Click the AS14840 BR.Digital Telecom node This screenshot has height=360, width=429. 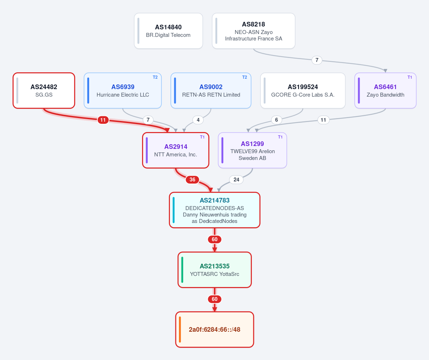click(x=168, y=31)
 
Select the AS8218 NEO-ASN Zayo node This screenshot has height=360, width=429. click(x=254, y=31)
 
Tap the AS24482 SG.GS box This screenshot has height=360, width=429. click(x=44, y=91)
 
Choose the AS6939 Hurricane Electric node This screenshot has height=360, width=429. click(x=123, y=91)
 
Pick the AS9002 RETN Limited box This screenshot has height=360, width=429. click(x=211, y=91)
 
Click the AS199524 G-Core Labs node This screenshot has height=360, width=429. click(x=303, y=91)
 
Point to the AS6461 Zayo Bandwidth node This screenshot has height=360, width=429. click(x=385, y=91)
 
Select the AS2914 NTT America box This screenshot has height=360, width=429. click(x=176, y=150)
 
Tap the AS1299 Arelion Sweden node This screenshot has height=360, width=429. click(x=252, y=150)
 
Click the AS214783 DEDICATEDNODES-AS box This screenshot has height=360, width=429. click(x=215, y=210)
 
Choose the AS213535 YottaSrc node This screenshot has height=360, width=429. click(x=215, y=270)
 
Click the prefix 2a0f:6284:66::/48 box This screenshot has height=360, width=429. click(x=215, y=330)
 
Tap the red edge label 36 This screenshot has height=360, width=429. click(x=192, y=180)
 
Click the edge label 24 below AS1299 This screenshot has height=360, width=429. click(x=237, y=180)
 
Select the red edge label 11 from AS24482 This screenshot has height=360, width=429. click(x=103, y=120)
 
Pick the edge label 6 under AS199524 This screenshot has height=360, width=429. click(x=276, y=120)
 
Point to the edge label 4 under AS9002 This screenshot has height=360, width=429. click(x=198, y=120)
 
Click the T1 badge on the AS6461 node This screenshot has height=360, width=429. click(x=410, y=77)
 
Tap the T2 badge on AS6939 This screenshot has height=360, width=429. click(x=155, y=77)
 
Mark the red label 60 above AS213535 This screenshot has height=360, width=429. click(x=215, y=239)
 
